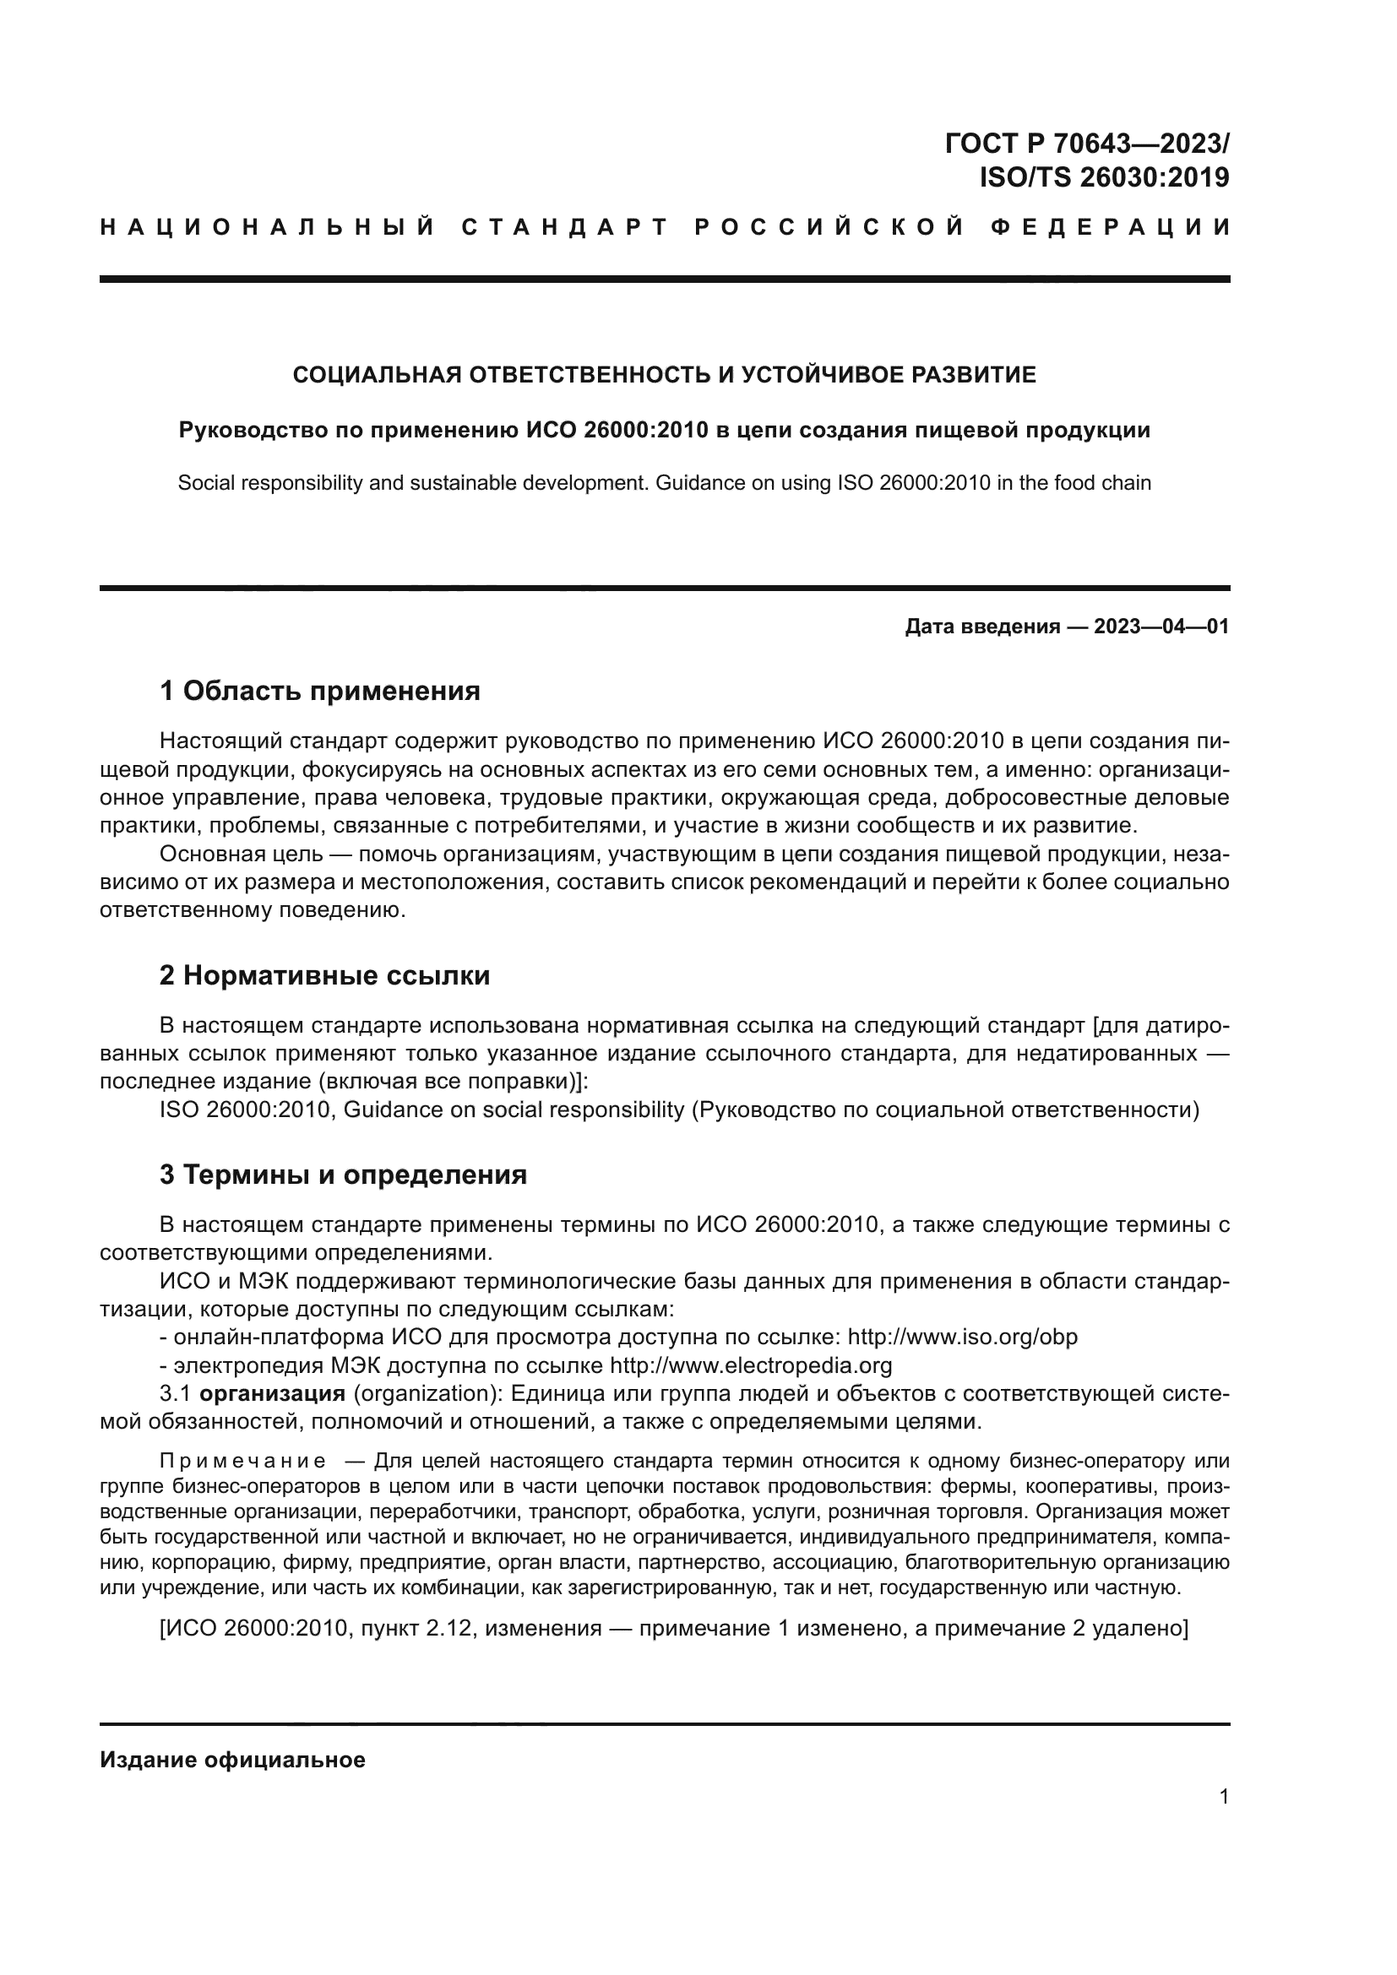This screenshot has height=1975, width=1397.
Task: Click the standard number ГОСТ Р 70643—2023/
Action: (1086, 143)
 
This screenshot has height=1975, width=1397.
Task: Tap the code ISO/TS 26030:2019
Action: (1104, 177)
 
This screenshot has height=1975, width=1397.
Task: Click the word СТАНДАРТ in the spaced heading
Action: (564, 227)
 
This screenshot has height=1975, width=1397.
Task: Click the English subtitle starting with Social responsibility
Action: (664, 483)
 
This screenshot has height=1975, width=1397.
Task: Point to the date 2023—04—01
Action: (1161, 627)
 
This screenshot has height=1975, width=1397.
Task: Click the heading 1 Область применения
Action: (319, 690)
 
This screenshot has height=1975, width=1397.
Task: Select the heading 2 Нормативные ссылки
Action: (324, 974)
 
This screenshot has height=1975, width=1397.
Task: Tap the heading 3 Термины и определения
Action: (342, 1175)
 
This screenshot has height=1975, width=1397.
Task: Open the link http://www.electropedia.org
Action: (750, 1365)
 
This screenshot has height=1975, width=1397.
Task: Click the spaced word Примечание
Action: (242, 1461)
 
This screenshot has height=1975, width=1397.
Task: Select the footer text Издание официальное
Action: (232, 1759)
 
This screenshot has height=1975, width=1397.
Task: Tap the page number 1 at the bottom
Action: (1223, 1796)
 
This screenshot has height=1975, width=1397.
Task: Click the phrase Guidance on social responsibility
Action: (514, 1110)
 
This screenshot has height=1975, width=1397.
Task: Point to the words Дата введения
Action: (981, 627)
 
